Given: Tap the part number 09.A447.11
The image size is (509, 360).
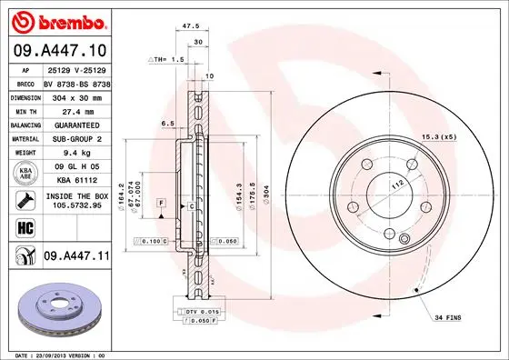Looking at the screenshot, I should pos(75,257).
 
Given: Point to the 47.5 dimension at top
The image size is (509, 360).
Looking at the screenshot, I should pos(191,27).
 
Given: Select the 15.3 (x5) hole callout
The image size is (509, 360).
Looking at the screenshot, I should pos(436,136).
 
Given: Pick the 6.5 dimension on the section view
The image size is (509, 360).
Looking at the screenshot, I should pos(167,121).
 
